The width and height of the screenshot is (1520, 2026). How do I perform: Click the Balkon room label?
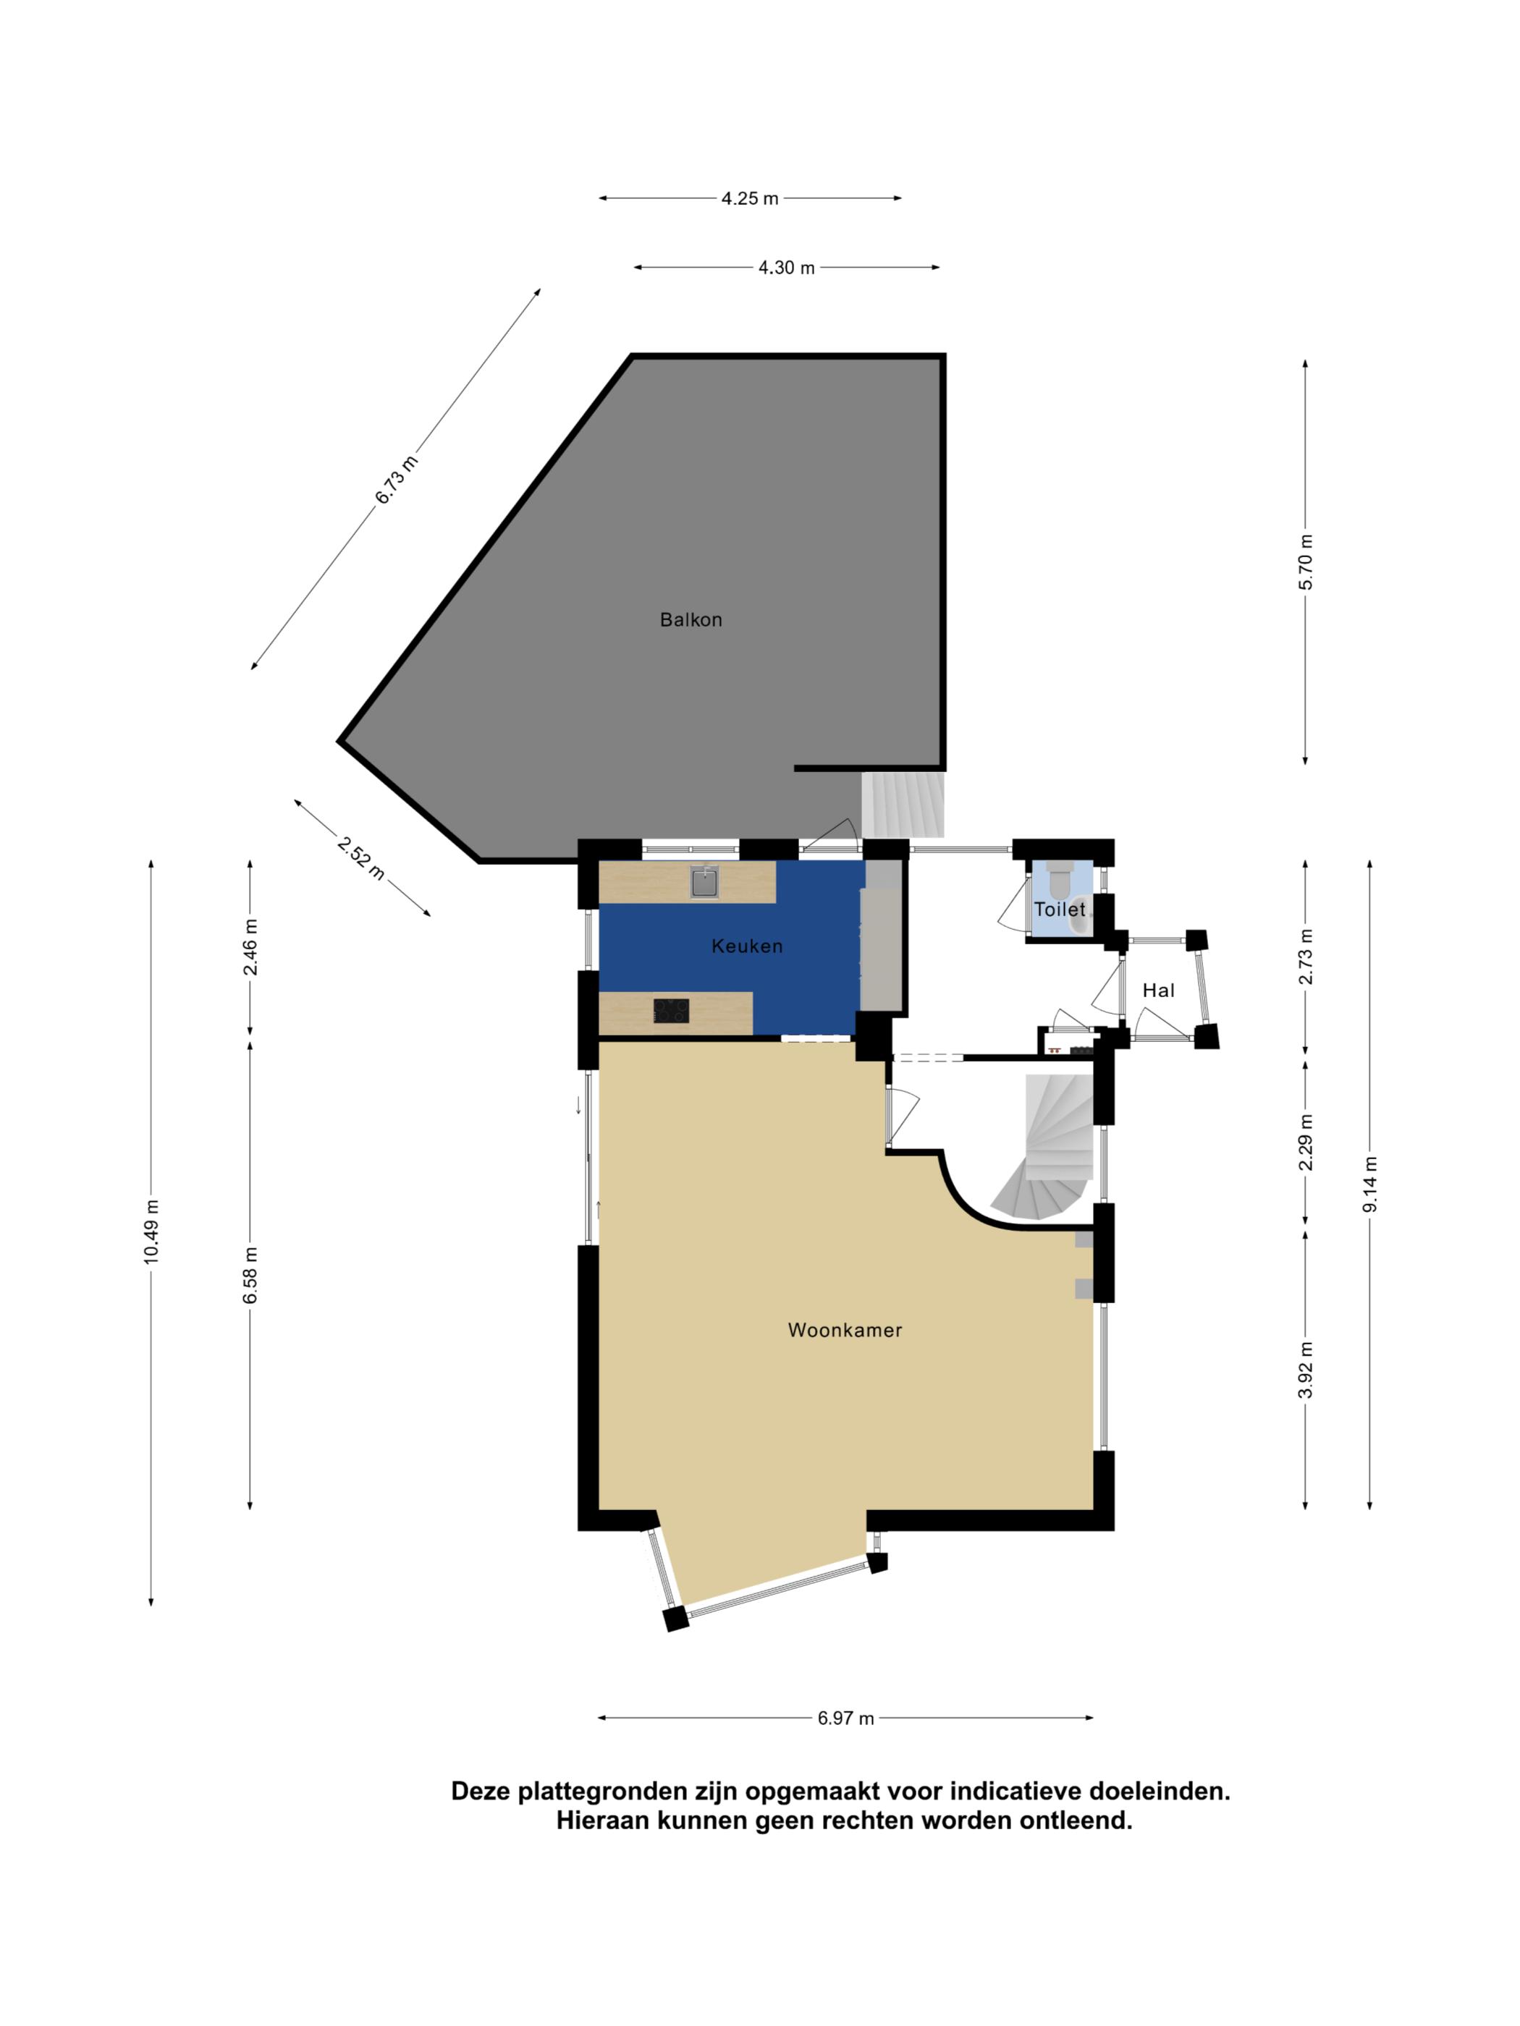691,620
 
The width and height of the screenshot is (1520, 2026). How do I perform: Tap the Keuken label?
747,946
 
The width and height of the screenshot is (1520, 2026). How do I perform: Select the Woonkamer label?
845,1330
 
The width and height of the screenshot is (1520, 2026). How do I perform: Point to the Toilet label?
1059,910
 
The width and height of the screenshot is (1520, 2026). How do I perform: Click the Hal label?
1158,990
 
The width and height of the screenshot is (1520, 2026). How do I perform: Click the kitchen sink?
704,883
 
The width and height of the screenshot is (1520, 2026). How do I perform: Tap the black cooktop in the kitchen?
671,1011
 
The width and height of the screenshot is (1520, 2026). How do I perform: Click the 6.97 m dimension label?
845,1718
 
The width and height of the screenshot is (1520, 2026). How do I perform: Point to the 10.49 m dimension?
151,1232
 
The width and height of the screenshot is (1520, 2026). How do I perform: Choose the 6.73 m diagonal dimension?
396,479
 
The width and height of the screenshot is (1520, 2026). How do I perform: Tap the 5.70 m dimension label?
1306,562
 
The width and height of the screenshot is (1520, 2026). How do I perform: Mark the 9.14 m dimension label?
1369,1184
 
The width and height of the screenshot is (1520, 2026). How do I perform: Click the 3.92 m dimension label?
1306,1370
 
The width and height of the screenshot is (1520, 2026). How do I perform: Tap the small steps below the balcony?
903,803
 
